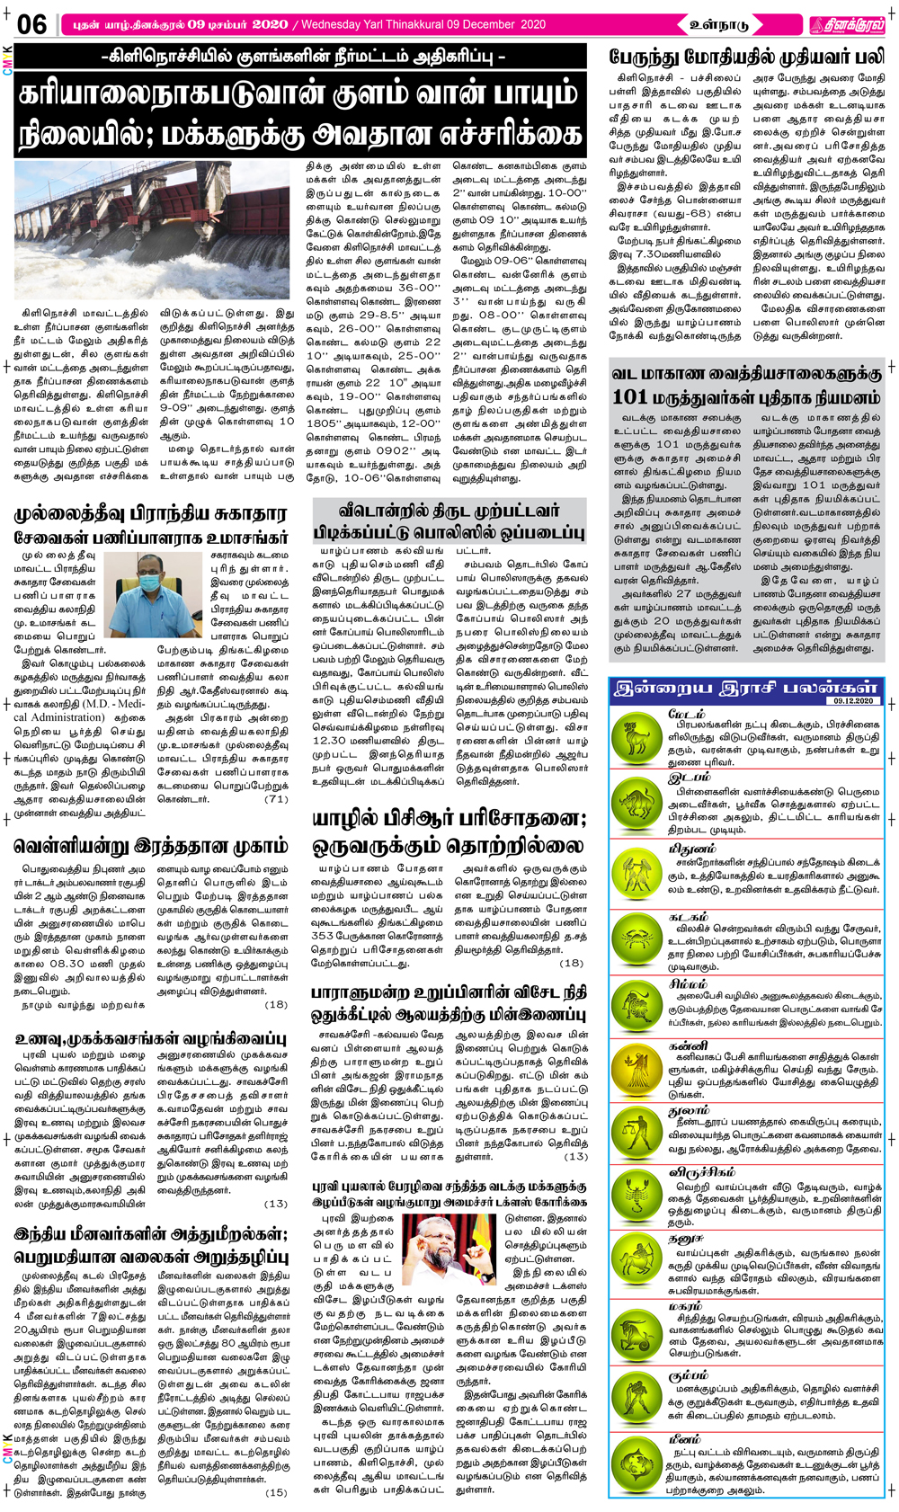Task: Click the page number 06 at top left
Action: (x=31, y=24)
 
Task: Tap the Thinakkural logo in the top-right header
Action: (x=844, y=25)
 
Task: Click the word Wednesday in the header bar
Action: (x=339, y=24)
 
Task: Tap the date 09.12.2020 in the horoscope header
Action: (x=853, y=700)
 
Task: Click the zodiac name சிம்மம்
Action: (x=689, y=984)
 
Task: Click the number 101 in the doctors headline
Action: (x=630, y=396)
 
